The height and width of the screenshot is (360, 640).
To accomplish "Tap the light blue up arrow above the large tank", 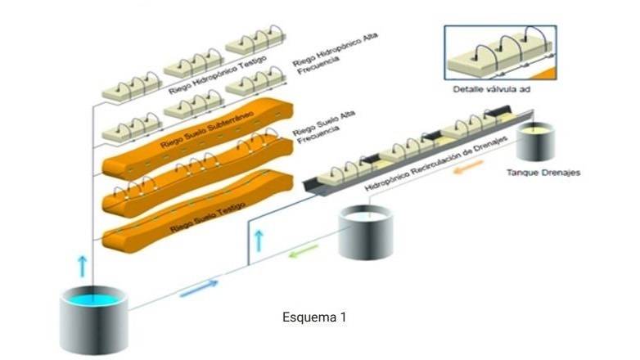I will click(x=82, y=265).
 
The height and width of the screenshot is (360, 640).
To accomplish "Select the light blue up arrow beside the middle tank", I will click(x=259, y=240).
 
